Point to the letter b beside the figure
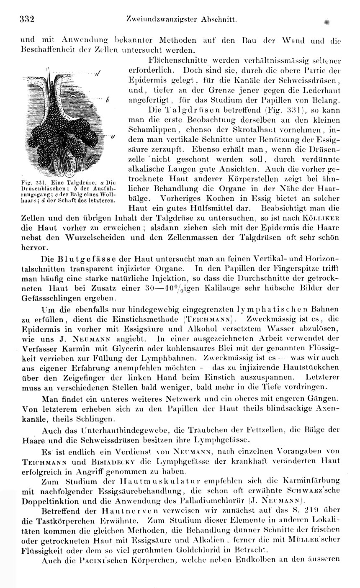(108, 100)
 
